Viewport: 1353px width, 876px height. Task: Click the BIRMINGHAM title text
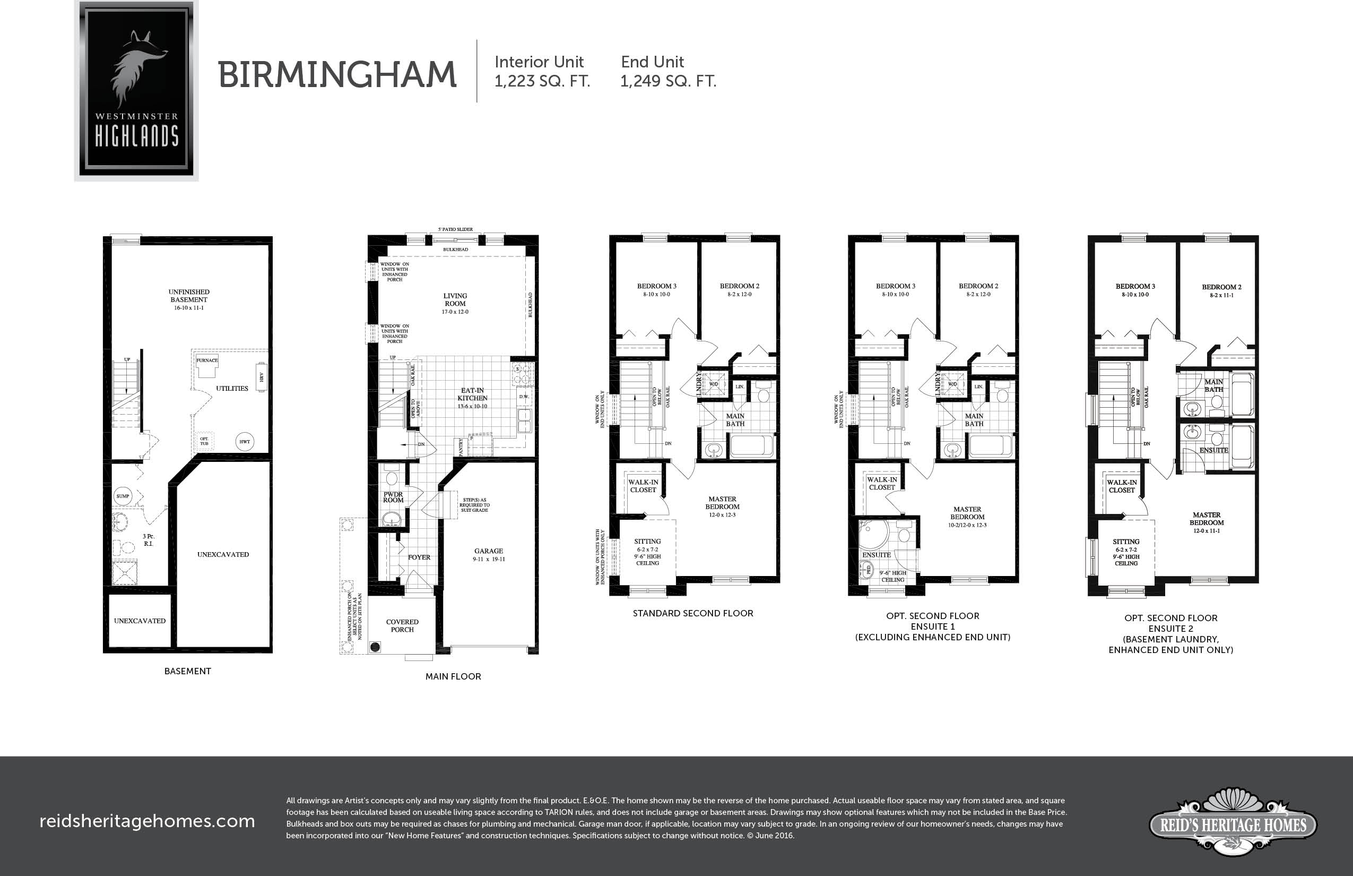click(337, 74)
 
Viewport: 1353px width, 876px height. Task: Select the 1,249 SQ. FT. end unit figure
click(668, 81)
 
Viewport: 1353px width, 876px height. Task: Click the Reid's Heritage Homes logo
click(1233, 823)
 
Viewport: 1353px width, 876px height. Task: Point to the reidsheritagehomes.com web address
click(148, 821)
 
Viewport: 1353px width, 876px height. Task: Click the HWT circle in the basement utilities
click(245, 441)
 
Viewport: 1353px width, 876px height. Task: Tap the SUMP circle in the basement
click(123, 496)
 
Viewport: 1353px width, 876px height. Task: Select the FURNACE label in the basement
click(207, 360)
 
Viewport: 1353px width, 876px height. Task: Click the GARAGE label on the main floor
click(488, 551)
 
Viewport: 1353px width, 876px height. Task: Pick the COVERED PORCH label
click(402, 625)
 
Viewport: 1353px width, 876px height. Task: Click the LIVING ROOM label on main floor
click(455, 299)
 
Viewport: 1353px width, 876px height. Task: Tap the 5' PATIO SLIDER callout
click(455, 229)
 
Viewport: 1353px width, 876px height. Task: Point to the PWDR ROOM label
click(393, 497)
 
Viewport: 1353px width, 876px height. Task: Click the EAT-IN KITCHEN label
click(472, 394)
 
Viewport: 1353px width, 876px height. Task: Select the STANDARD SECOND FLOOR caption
click(692, 613)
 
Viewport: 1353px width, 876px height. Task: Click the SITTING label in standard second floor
click(647, 542)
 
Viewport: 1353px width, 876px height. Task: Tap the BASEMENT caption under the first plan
click(188, 671)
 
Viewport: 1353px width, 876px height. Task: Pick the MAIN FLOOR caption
click(453, 676)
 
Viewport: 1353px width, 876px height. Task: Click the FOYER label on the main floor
click(419, 557)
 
